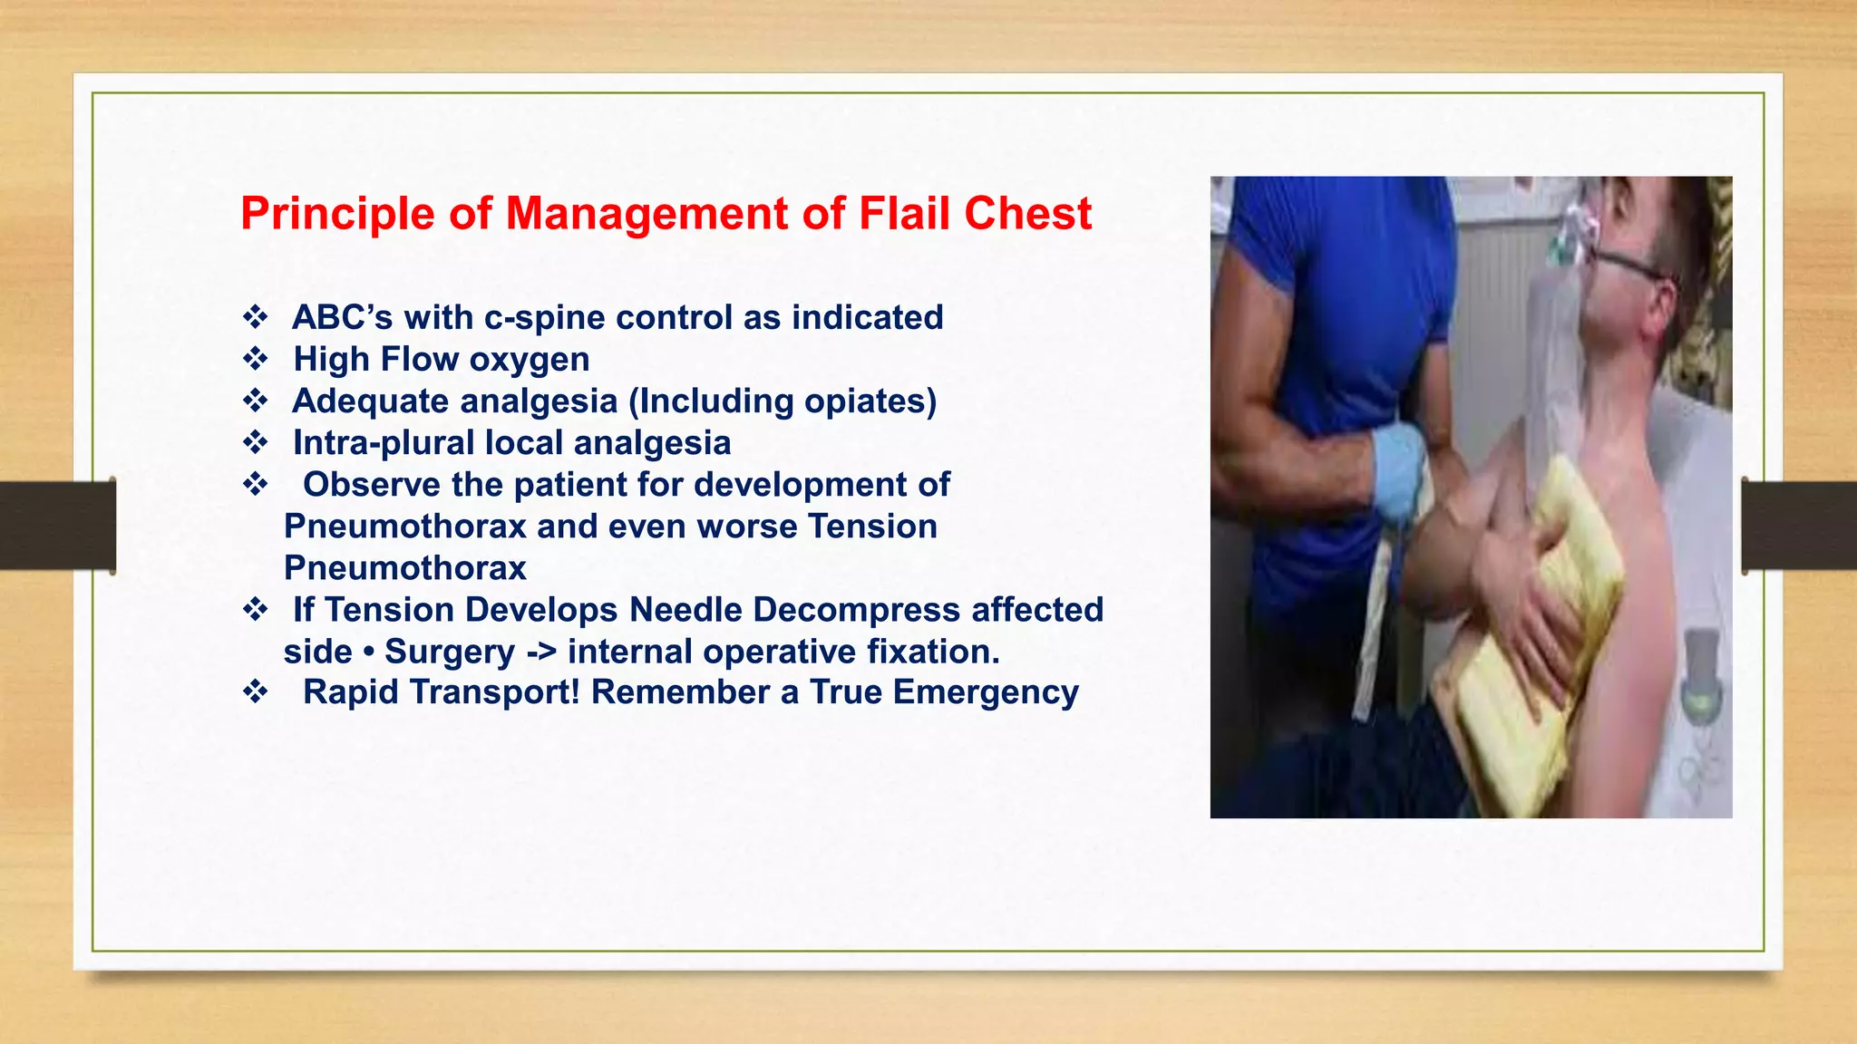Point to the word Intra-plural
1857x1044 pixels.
pos(384,443)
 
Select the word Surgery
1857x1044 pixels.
pos(450,652)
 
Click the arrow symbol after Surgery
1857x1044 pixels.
pos(540,652)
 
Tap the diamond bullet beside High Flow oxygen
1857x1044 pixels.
pos(255,360)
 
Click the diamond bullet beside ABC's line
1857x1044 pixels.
pos(255,318)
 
